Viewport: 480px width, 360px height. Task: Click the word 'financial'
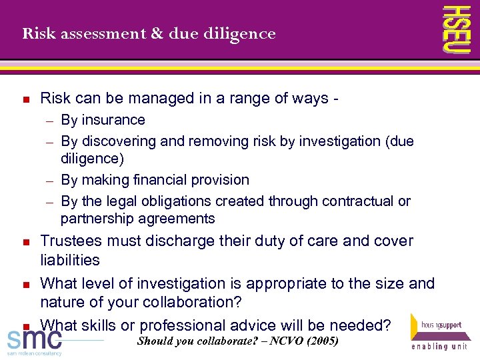[163, 180]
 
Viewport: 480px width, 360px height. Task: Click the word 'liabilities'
[70, 260]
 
